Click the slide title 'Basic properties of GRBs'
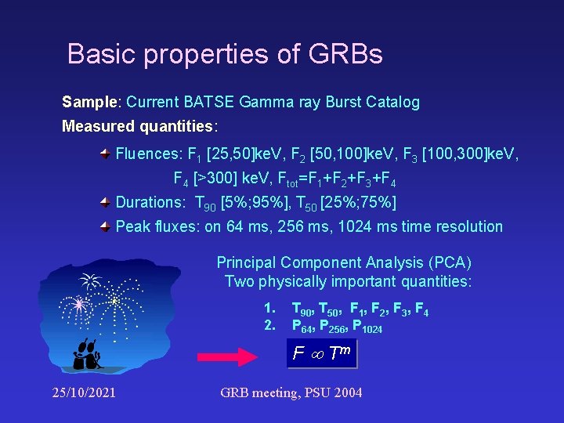pos(225,54)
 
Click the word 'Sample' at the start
pos(89,102)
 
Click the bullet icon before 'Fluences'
pos(105,153)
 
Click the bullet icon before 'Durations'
pos(105,202)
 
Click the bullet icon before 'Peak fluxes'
pos(105,226)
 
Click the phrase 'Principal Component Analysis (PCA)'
pos(344,262)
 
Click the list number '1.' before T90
pos(269,309)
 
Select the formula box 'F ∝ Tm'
pos(322,353)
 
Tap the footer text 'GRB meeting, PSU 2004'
pos(291,392)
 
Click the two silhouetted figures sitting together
pos(86,353)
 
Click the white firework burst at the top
pos(91,280)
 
